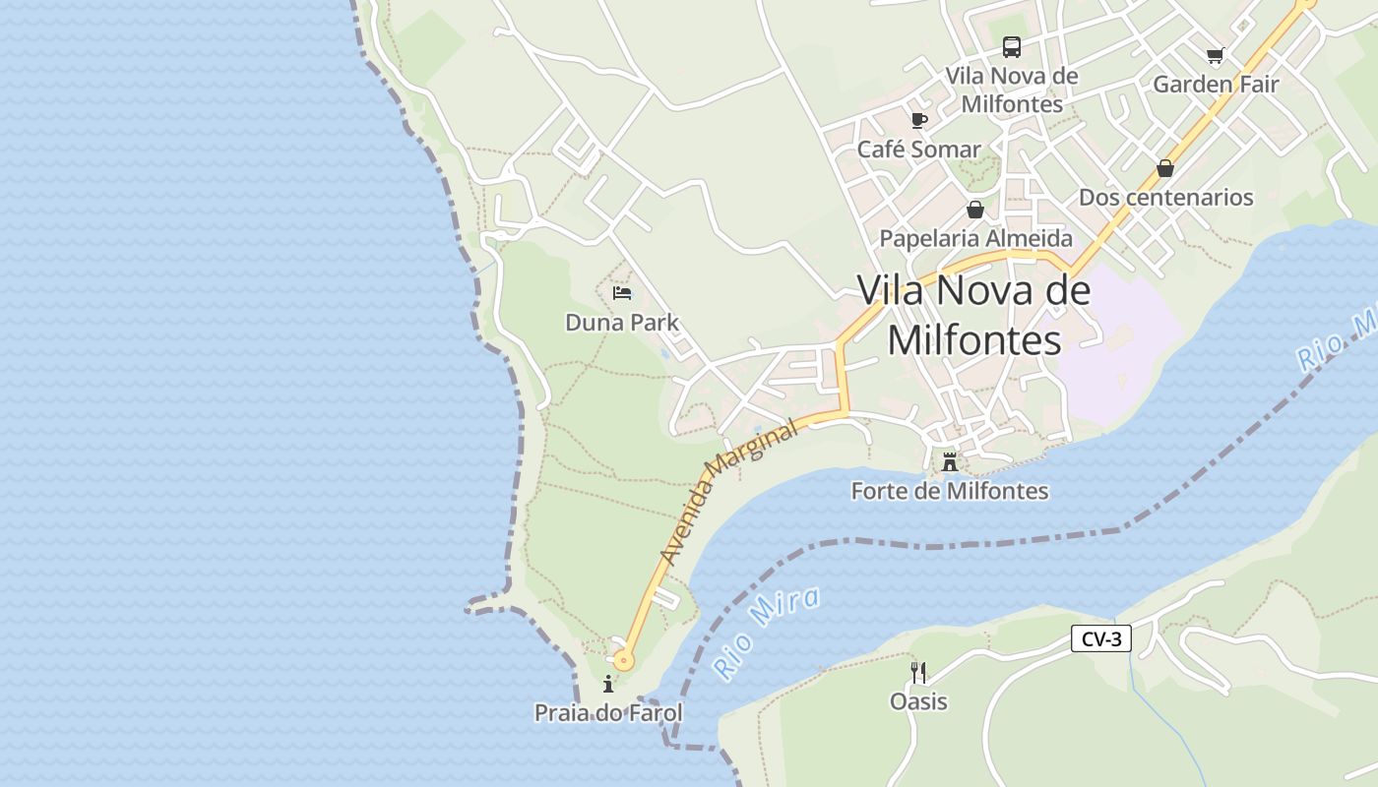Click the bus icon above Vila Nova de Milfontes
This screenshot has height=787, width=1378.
1011,46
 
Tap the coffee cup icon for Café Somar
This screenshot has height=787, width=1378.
919,120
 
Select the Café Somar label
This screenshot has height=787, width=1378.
918,150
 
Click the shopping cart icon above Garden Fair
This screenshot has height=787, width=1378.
1216,55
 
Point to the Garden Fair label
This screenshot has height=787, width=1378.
1216,85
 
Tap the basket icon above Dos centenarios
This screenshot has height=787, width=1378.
1165,168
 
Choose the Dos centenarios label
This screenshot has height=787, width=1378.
1165,197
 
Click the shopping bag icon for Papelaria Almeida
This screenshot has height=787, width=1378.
975,210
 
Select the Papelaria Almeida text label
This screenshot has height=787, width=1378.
975,238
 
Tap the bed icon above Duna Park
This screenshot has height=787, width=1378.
622,293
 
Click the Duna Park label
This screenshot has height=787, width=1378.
622,323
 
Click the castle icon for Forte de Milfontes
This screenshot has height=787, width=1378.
950,461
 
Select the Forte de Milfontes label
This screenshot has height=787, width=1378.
950,491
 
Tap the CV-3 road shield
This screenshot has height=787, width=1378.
1101,639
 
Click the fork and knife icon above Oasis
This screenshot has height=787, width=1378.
918,673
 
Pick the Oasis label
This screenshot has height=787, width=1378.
918,701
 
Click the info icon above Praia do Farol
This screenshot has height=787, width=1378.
608,684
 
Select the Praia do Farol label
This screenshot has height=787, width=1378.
608,712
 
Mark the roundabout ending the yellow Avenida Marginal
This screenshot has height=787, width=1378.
622,660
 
